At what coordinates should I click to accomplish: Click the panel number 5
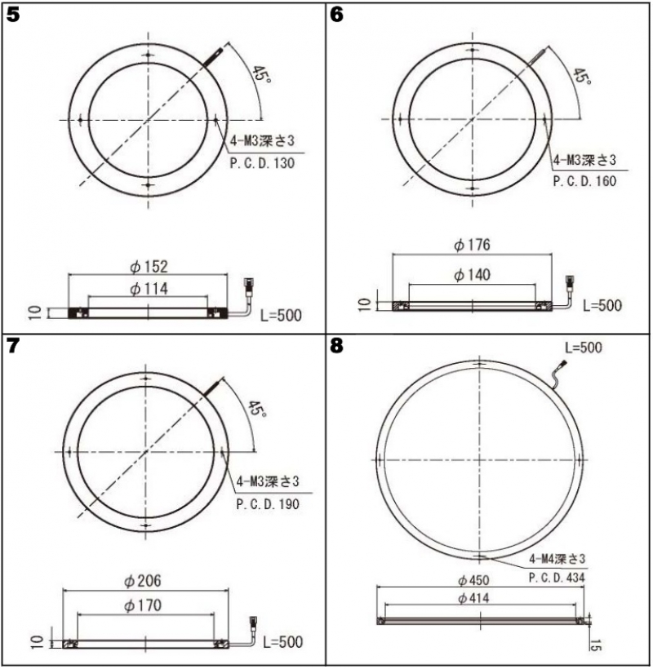tap(13, 16)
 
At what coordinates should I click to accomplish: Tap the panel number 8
tap(336, 346)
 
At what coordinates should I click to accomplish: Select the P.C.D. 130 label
tap(262, 163)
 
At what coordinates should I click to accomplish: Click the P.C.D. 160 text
tap(584, 181)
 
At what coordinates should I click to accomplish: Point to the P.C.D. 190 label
tap(268, 504)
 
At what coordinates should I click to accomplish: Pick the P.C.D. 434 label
tap(557, 578)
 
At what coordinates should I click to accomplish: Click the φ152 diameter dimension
tap(149, 267)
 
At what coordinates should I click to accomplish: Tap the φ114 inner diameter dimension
tap(149, 289)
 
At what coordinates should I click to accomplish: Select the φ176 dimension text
tap(472, 245)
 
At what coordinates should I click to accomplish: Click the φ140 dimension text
tap(472, 275)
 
